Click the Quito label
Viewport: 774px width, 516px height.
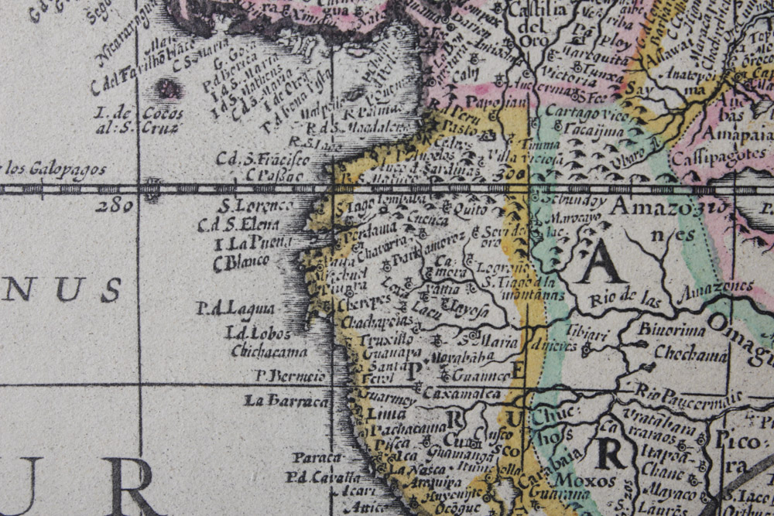click(470, 208)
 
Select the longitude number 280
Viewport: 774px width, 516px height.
click(117, 206)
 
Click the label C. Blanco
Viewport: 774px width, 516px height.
click(241, 263)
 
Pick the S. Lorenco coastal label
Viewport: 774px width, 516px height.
click(255, 206)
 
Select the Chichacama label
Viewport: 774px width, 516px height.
click(269, 351)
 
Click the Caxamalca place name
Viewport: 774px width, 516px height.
click(462, 393)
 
